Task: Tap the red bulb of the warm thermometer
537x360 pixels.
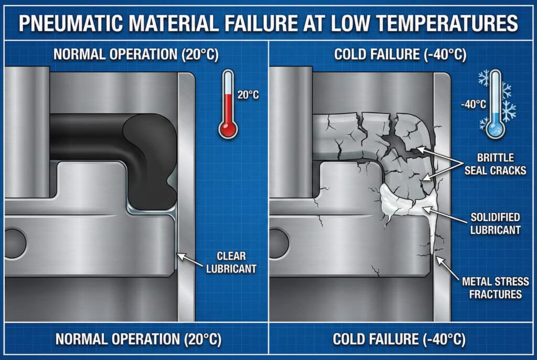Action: pyautogui.click(x=228, y=128)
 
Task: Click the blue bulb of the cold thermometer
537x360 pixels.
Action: pyautogui.click(x=495, y=128)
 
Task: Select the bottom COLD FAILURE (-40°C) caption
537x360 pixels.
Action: pyautogui.click(x=399, y=339)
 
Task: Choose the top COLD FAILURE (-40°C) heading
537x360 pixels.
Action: pyautogui.click(x=399, y=54)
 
